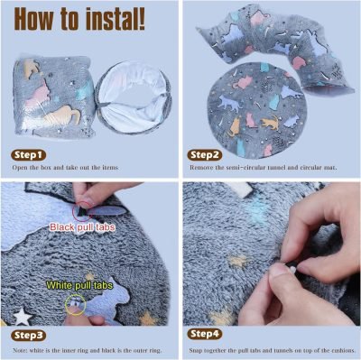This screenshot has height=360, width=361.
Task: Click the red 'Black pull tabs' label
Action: tap(83, 227)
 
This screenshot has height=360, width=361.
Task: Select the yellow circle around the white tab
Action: tap(75, 307)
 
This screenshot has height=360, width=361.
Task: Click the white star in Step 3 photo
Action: tap(20, 317)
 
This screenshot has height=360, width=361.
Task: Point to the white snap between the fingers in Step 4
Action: tap(283, 268)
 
